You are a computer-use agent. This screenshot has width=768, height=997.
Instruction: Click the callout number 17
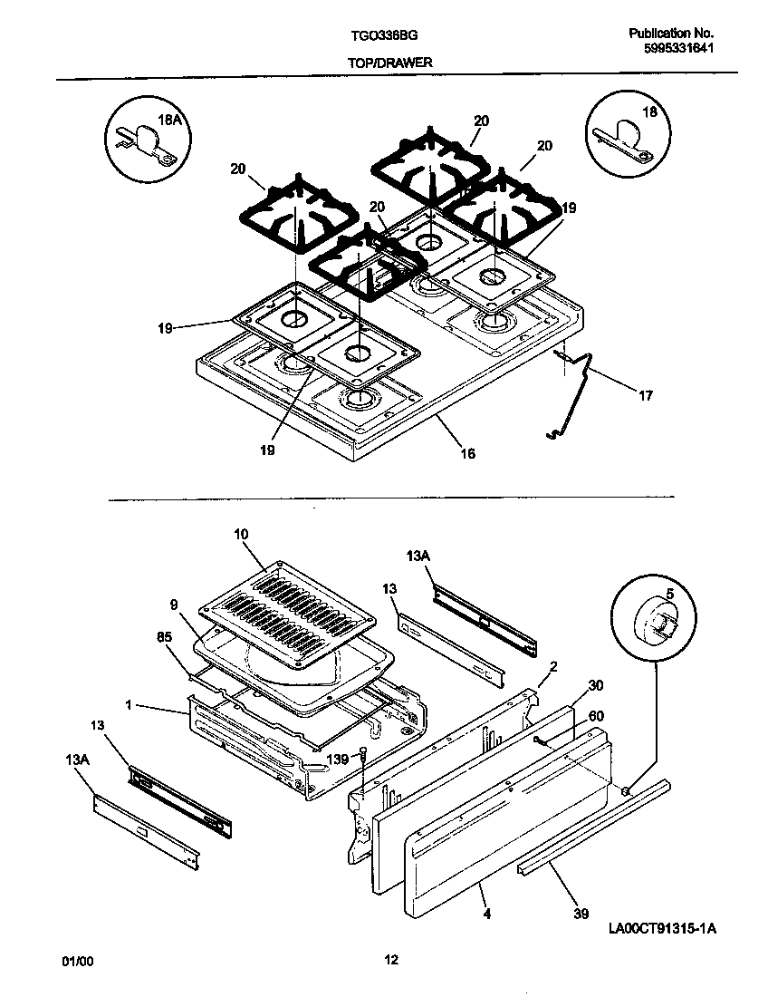645,395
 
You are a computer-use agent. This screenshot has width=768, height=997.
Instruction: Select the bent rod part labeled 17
580,390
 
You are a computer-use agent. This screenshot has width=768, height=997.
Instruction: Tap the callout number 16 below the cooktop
467,454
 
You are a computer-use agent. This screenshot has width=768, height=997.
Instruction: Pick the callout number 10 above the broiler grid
240,535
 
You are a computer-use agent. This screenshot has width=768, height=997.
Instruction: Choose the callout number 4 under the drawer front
487,915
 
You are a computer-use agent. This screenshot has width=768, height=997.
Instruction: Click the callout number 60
595,715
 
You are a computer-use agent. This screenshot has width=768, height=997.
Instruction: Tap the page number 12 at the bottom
389,960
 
